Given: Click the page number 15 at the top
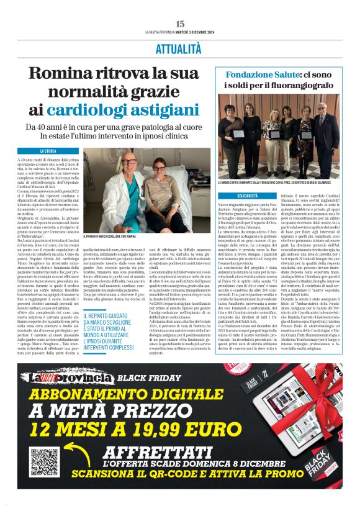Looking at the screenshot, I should click(180, 23).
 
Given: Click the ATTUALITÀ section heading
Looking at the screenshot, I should click(179, 48).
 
